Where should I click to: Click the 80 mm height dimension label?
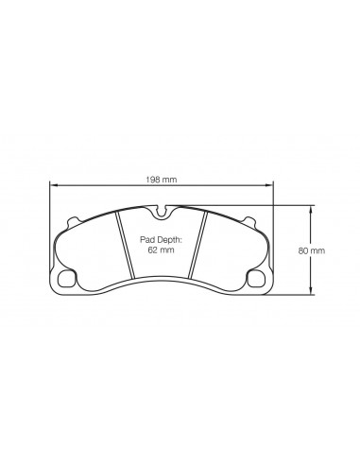313,250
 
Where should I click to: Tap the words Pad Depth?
161,241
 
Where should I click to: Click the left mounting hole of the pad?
67,280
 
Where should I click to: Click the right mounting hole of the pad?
256,280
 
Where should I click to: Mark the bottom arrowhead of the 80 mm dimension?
313,292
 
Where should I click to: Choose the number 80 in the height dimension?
306,250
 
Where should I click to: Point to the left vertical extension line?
48,227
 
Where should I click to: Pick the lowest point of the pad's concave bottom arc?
162,280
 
